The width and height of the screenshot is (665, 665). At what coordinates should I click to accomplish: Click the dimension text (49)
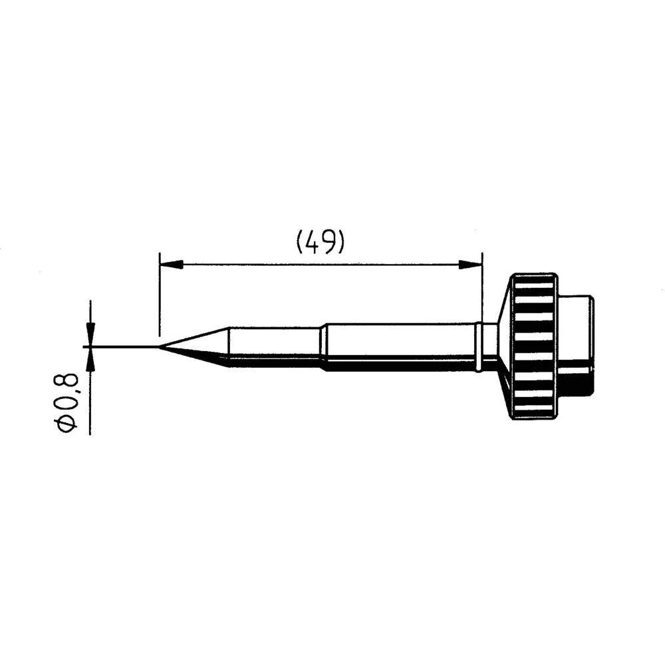[x=320, y=242]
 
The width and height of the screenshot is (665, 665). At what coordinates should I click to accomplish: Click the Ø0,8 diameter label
[x=68, y=404]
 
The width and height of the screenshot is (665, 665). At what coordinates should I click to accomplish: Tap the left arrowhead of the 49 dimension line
[x=170, y=265]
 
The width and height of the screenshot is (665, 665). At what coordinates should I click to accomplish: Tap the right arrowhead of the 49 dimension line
[x=471, y=265]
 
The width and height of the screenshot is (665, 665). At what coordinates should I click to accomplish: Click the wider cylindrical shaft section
[x=399, y=346]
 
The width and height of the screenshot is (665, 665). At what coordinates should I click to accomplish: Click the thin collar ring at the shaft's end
[x=479, y=346]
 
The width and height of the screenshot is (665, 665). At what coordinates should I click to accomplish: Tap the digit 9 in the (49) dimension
[x=329, y=242]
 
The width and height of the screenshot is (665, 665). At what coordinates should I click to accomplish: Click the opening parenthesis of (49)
[x=299, y=242]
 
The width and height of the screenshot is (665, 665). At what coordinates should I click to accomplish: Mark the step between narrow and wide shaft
[x=323, y=346]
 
